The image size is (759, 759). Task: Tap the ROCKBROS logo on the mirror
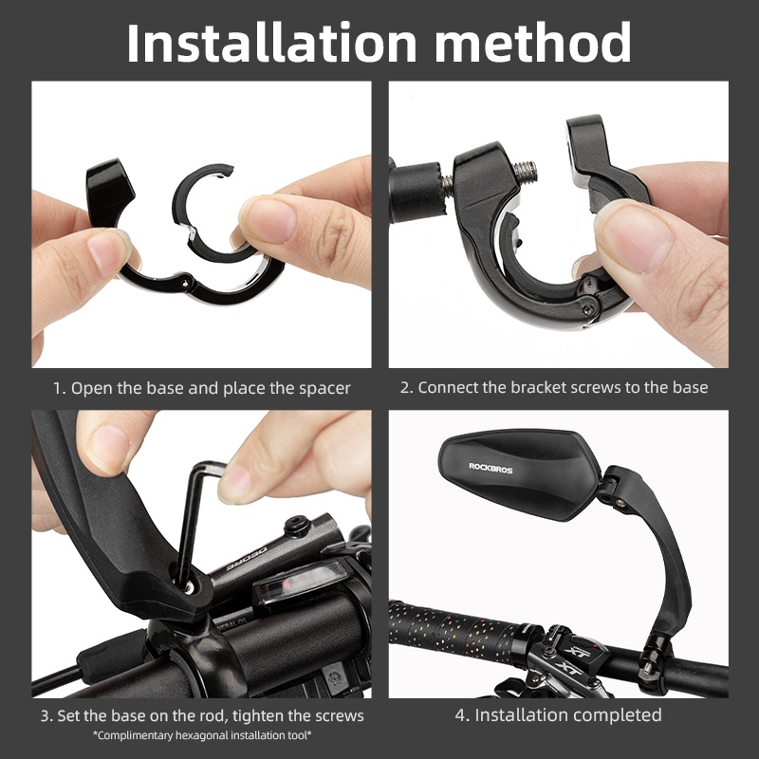491,468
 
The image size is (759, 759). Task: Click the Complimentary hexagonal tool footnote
202,736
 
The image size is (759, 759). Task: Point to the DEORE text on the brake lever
247,559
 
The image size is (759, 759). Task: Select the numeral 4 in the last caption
460,715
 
